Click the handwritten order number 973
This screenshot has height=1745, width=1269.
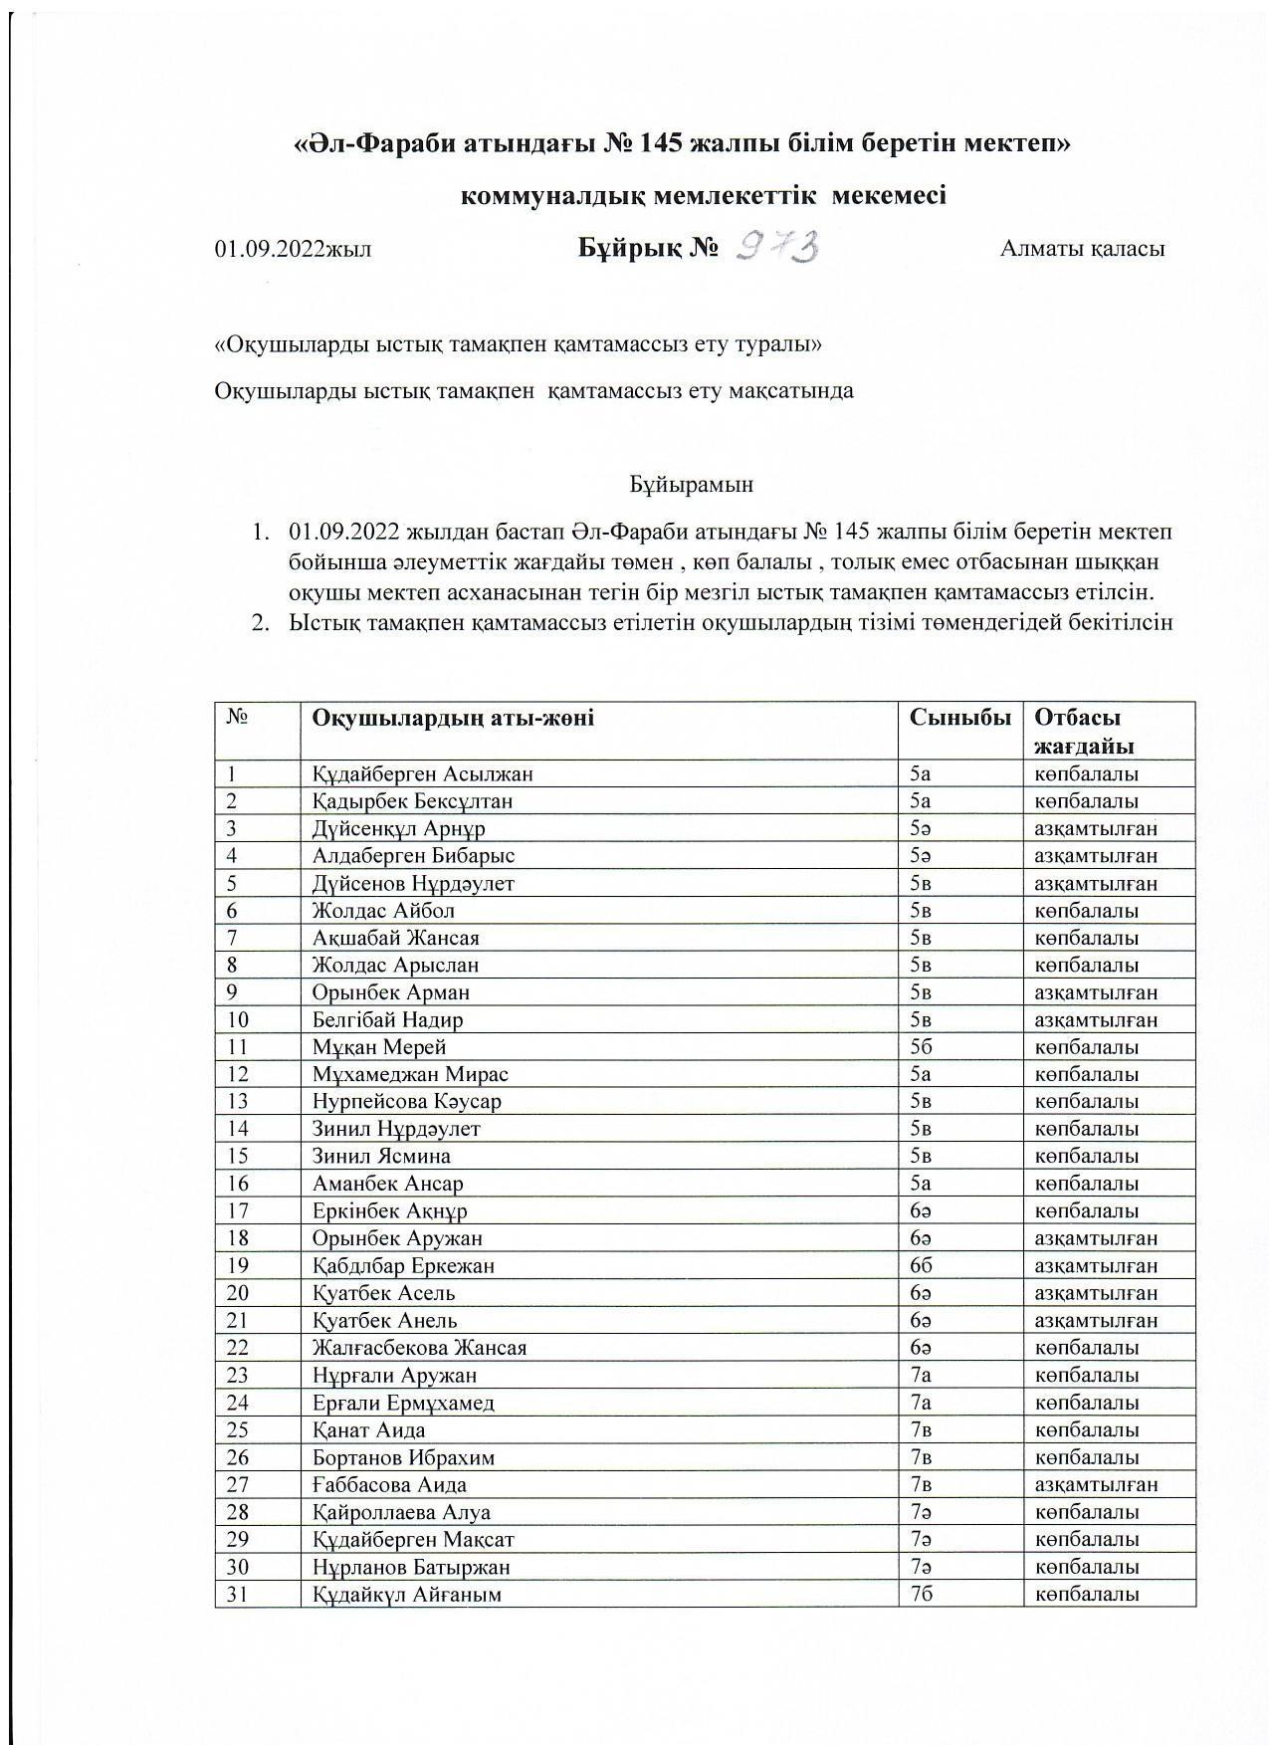coord(777,246)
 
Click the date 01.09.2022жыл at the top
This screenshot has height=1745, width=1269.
coord(293,249)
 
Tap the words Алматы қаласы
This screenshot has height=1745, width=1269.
coord(1082,249)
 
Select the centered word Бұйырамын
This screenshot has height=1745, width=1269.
coord(691,485)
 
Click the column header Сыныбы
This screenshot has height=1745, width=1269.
coord(959,718)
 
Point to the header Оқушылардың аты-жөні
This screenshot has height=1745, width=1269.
coord(453,718)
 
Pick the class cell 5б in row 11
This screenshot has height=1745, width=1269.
coord(921,1047)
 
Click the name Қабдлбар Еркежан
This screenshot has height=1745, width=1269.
coord(403,1266)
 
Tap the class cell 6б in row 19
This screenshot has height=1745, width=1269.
coord(921,1266)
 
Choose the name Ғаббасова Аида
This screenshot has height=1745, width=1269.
coord(389,1485)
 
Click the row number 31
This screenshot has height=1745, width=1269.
coord(238,1595)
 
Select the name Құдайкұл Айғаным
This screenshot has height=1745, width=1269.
coord(407,1595)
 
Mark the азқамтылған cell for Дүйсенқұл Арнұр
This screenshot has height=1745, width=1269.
coord(1096,828)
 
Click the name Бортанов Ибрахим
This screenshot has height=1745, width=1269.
coord(403,1457)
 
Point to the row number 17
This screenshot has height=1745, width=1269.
coord(238,1211)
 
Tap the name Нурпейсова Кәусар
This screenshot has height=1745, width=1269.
coord(406,1102)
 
